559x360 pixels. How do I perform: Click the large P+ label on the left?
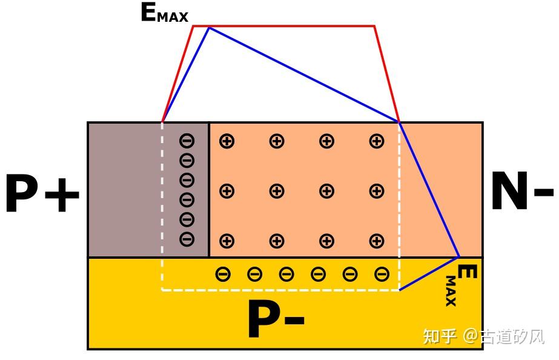click(42, 195)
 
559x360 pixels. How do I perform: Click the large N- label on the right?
click(521, 192)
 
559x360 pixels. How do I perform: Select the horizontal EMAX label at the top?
click(164, 13)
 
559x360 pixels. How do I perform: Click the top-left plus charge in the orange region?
click(227, 142)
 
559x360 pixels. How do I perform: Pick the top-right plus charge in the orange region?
click(377, 142)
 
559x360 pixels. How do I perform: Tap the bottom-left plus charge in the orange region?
click(227, 241)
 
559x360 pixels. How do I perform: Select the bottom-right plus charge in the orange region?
click(377, 241)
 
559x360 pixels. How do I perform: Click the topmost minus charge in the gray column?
click(187, 141)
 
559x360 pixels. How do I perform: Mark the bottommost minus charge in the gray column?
click(187, 239)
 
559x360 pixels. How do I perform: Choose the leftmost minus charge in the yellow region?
click(223, 275)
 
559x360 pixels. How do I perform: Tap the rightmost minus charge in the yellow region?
click(382, 275)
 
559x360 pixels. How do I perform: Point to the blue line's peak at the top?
click(209, 28)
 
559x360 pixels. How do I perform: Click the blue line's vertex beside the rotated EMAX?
click(459, 257)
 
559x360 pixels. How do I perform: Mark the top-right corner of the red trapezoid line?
click(374, 26)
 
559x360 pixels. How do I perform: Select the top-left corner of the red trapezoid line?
click(193, 26)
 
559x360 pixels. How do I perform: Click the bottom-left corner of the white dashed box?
click(162, 290)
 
